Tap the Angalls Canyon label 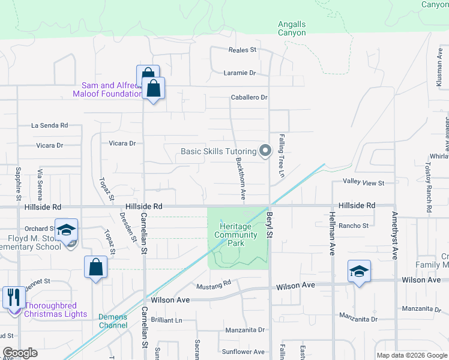pyautogui.click(x=292, y=28)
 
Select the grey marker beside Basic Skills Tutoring pyautogui.click(x=265, y=151)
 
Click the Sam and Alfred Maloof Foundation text pyautogui.click(x=107, y=89)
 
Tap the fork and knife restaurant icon pyautogui.click(x=14, y=296)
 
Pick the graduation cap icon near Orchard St pyautogui.click(x=67, y=230)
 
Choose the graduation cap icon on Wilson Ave pyautogui.click(x=359, y=272)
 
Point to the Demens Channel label pyautogui.click(x=113, y=321)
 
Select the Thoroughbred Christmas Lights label pyautogui.click(x=55, y=310)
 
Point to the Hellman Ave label pyautogui.click(x=331, y=233)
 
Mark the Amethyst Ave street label pyautogui.click(x=394, y=235)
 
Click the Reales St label pyautogui.click(x=243, y=50)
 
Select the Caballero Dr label pyautogui.click(x=249, y=97)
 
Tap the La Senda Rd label pyautogui.click(x=49, y=125)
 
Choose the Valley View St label pyautogui.click(x=363, y=182)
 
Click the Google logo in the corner pyautogui.click(x=20, y=353)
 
